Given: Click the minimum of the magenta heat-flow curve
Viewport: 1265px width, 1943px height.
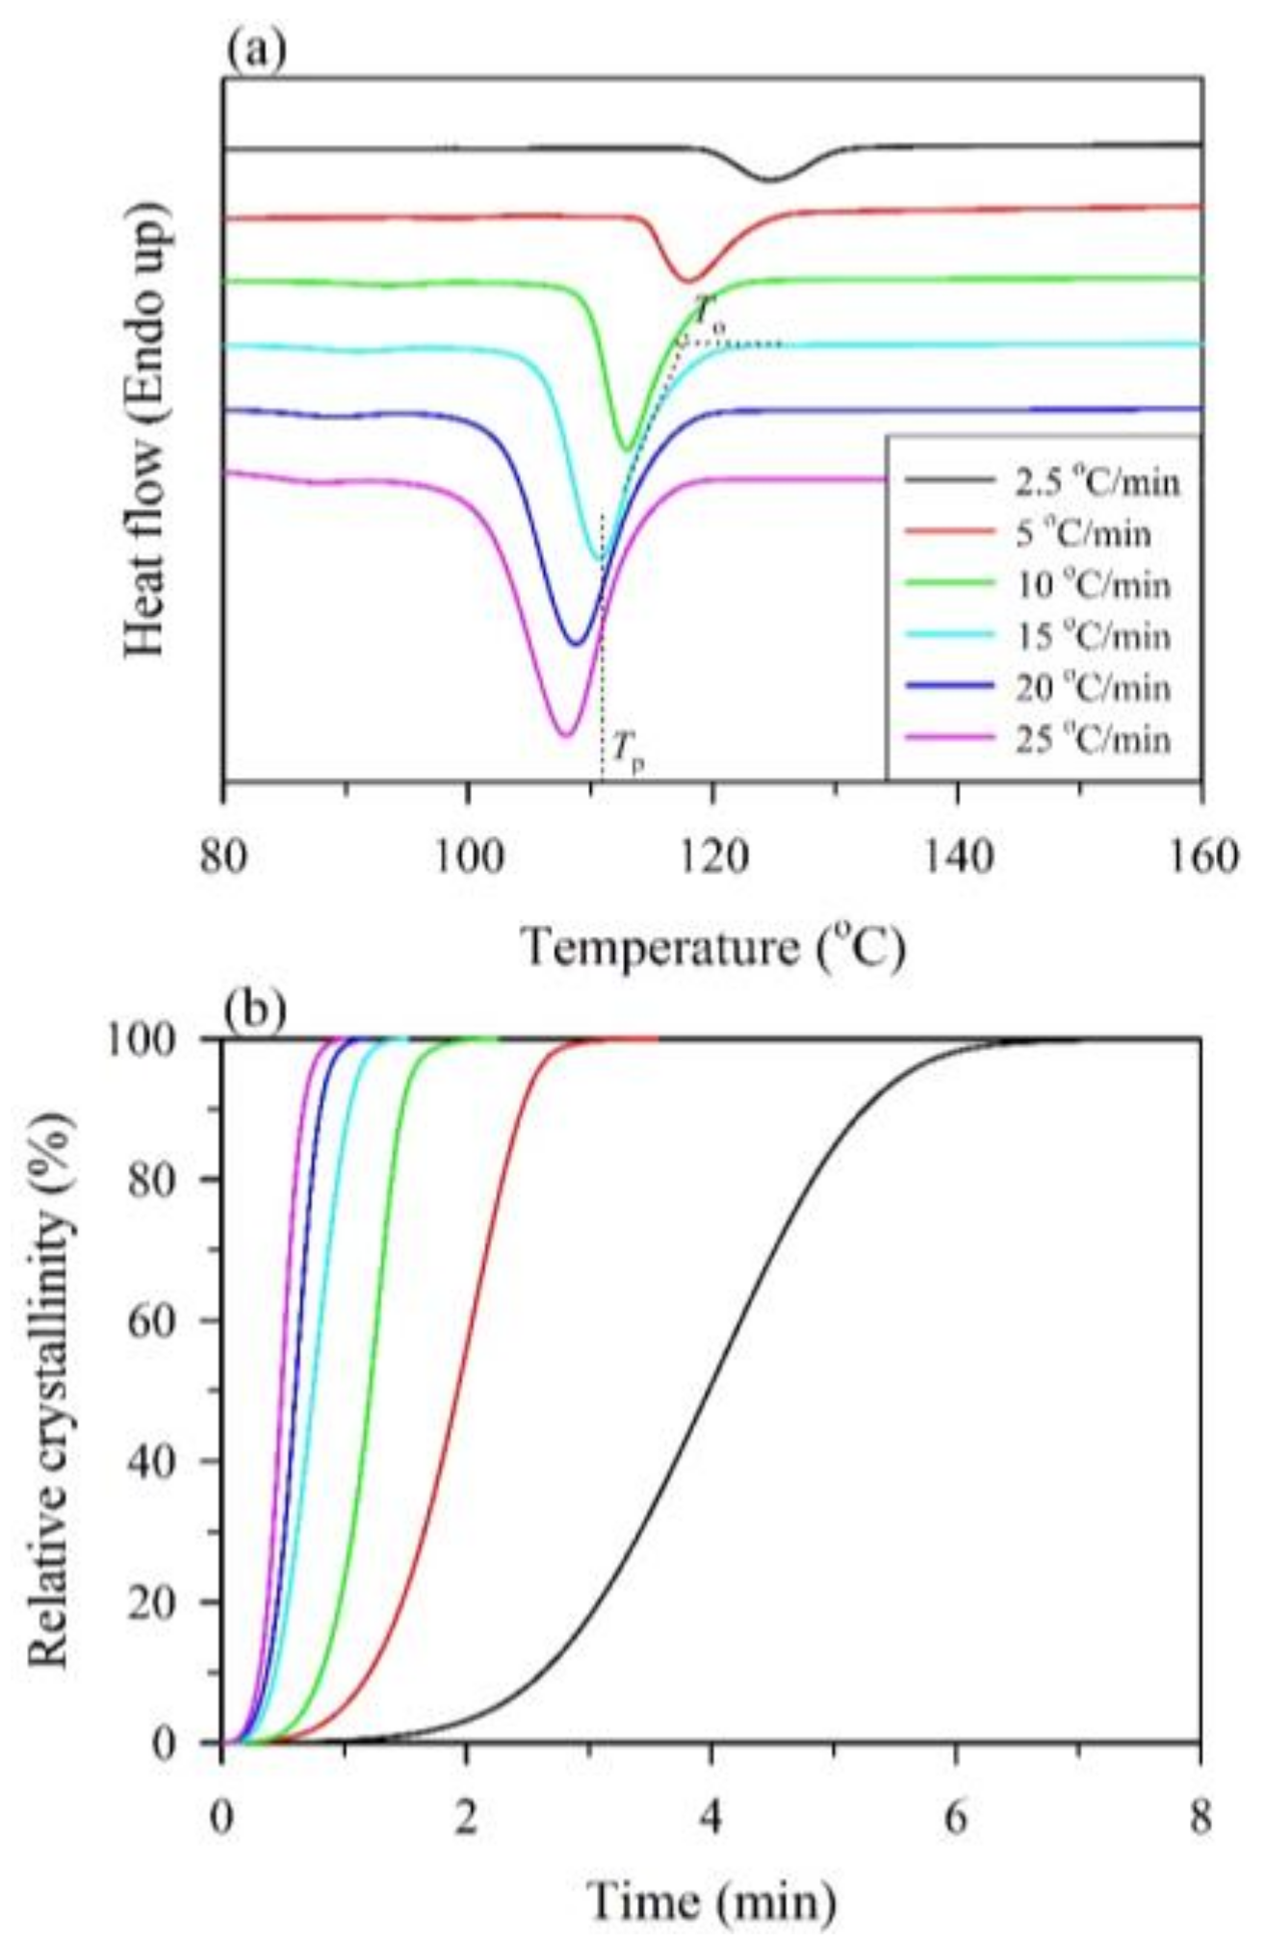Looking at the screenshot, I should pos(566,735).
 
